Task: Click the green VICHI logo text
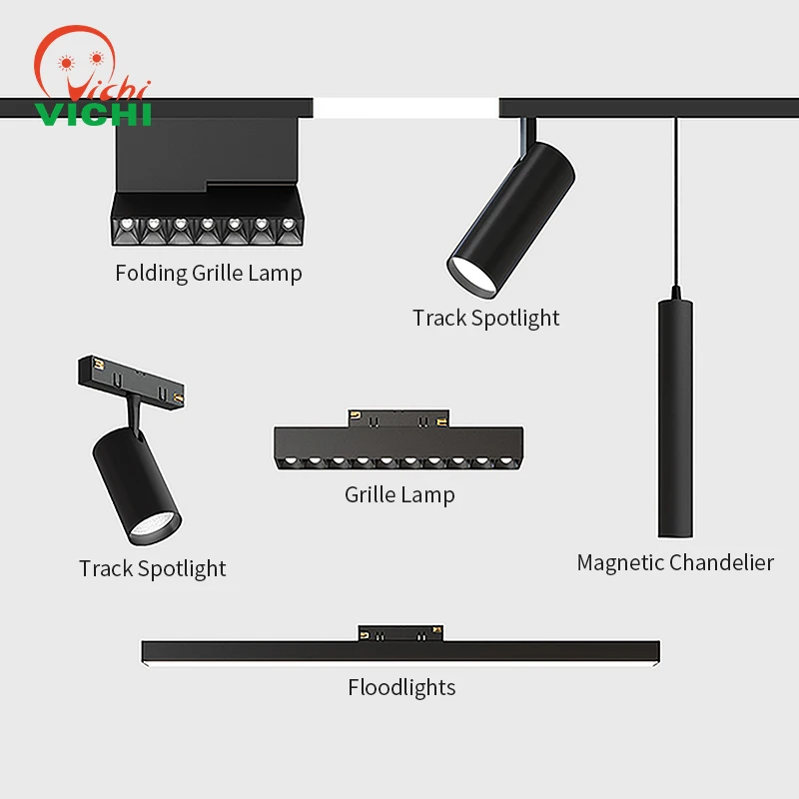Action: point(92,113)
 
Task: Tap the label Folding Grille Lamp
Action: point(208,273)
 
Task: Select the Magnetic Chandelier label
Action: point(675,562)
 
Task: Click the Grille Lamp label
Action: point(399,494)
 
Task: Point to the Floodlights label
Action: point(401,687)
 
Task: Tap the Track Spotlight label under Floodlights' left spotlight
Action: point(153,568)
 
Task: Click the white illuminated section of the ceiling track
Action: point(405,108)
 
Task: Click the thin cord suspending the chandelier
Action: point(676,200)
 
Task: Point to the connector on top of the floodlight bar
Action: point(400,632)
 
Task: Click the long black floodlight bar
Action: point(400,651)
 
